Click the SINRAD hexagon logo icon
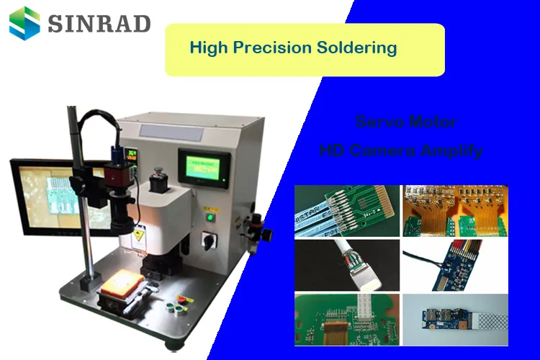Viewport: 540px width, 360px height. pyautogui.click(x=24, y=22)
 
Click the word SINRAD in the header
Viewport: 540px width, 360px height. pyautogui.click(x=99, y=23)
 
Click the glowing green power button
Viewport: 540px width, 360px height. pyautogui.click(x=210, y=216)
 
